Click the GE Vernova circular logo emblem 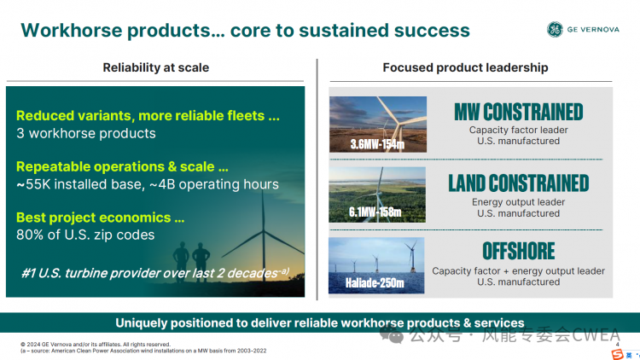[x=555, y=29]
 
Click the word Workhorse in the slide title [x=72, y=30]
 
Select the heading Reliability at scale [x=156, y=67]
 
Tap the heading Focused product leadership [x=465, y=67]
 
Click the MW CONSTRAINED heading [x=518, y=112]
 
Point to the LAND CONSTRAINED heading [x=518, y=183]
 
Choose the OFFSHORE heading [x=518, y=251]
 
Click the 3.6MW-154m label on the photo [x=377, y=144]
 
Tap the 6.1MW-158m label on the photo [x=375, y=212]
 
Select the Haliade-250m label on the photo [x=375, y=283]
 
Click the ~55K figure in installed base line [x=33, y=184]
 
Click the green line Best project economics [x=101, y=218]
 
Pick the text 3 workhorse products [x=86, y=133]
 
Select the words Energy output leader [x=518, y=202]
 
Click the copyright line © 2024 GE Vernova [x=96, y=344]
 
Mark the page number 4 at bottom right [x=617, y=345]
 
